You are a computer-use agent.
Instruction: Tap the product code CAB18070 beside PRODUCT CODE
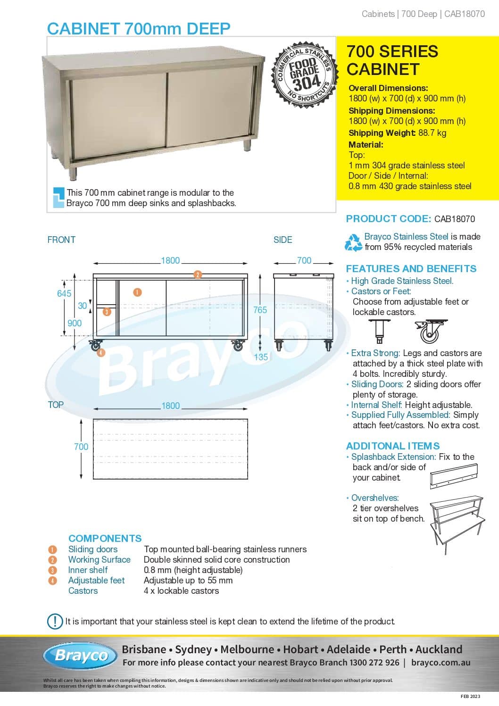[455, 219]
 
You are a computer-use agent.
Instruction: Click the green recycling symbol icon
[353, 242]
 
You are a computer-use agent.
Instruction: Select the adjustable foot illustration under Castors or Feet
[379, 331]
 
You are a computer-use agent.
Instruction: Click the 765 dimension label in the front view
[260, 310]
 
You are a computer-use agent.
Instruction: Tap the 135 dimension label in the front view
[261, 357]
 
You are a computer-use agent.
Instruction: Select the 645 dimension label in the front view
[64, 293]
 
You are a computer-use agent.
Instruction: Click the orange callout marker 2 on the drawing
[198, 274]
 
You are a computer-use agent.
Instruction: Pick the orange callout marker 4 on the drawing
[101, 352]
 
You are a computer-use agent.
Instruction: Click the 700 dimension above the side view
[304, 260]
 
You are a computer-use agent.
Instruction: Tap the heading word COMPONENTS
[105, 538]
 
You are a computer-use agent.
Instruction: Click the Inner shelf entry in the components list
[88, 570]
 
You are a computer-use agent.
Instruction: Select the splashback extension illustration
[454, 475]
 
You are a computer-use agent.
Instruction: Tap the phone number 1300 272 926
[374, 662]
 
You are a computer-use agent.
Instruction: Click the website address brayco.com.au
[441, 662]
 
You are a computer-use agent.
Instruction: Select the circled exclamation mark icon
[55, 621]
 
